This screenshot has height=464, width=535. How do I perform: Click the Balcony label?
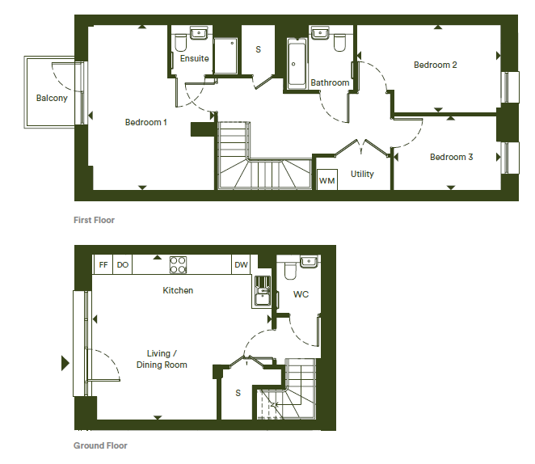[52, 99]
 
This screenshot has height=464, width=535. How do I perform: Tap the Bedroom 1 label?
[146, 122]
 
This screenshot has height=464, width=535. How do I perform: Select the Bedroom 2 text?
[436, 65]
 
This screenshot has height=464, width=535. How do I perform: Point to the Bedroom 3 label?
[452, 157]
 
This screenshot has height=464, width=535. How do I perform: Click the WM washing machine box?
[326, 179]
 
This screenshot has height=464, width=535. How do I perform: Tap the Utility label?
[362, 175]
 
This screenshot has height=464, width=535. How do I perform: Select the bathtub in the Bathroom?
[297, 64]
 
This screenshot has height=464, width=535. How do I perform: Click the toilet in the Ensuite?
[180, 43]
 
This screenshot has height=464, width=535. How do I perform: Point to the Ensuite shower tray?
[225, 56]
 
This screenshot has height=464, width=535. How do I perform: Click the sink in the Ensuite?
[199, 33]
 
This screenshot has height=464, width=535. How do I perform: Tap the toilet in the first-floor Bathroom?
[340, 42]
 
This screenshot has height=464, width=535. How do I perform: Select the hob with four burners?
[178, 265]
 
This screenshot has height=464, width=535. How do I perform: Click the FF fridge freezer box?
[103, 265]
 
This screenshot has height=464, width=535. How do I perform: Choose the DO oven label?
[123, 265]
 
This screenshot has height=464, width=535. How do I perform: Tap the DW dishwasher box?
[241, 265]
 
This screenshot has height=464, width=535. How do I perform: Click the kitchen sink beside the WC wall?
[262, 291]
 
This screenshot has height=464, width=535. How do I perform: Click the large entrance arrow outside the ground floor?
[65, 363]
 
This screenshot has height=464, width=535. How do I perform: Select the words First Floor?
[95, 220]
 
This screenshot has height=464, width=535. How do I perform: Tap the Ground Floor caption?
[100, 445]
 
